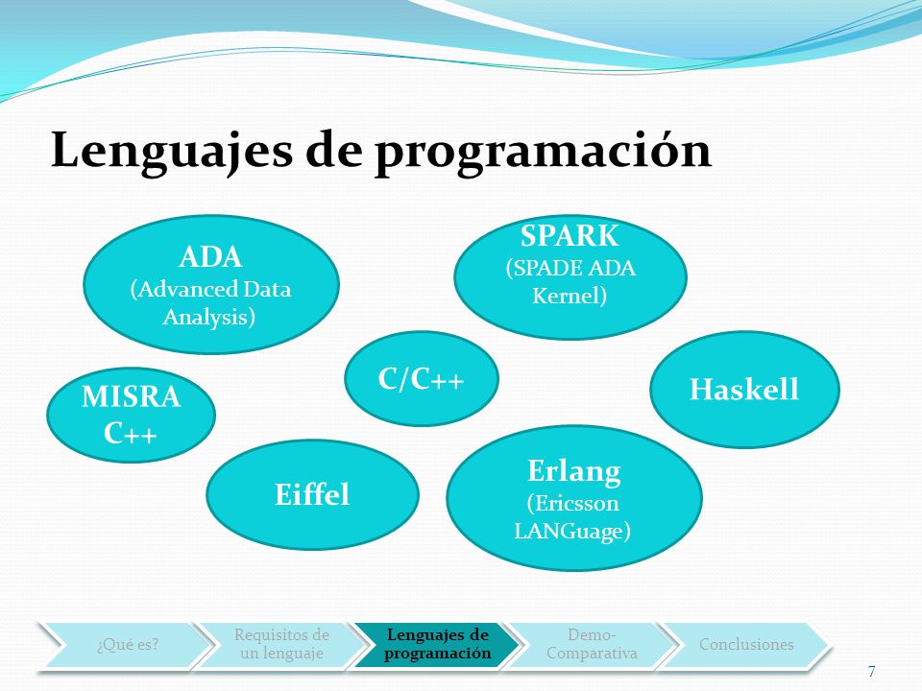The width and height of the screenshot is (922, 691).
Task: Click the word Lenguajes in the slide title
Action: point(172,150)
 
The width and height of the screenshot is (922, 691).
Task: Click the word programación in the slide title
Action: point(544,151)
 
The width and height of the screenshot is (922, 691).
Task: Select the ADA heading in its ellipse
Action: point(210,257)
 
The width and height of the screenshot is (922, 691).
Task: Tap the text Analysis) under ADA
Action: point(208,318)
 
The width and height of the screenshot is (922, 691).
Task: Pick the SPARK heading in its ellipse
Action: point(570,236)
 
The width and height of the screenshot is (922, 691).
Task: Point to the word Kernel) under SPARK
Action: point(570,295)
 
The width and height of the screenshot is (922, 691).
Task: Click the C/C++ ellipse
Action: point(422,378)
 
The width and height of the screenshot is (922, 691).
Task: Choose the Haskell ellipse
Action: point(744,389)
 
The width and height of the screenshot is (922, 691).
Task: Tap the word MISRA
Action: point(132,396)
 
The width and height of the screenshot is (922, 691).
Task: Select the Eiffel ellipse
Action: point(312,494)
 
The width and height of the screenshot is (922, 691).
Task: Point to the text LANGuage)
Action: point(572,531)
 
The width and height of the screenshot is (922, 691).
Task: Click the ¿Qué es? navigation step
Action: point(128,645)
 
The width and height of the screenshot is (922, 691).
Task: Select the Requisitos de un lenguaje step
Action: point(281,645)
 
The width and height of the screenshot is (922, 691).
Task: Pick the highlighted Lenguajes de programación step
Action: point(438,645)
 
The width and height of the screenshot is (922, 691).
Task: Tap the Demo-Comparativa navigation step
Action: point(593,645)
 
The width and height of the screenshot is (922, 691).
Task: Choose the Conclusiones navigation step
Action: point(746,645)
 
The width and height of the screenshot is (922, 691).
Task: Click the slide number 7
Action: point(871,671)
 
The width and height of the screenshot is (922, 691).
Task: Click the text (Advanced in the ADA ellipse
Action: point(184,289)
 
